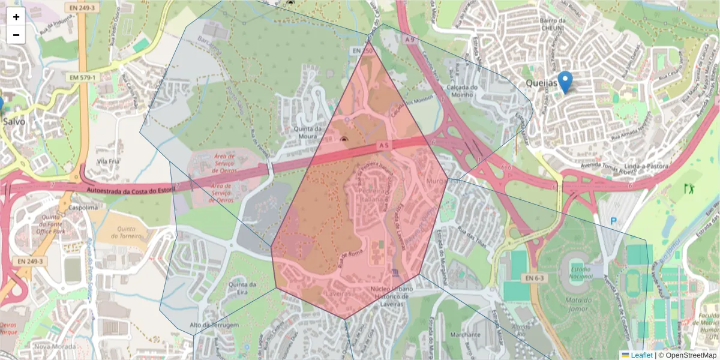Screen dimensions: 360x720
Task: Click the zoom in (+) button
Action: tap(16, 17)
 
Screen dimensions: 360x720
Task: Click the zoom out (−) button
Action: tap(16, 35)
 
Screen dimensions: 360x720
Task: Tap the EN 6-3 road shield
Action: tap(533, 278)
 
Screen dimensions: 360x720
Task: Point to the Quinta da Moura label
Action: tap(308, 133)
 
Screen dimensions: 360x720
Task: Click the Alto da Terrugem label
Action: tap(214, 325)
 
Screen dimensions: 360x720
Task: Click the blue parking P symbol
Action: tap(613, 221)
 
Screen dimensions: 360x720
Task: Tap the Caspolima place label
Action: tap(83, 208)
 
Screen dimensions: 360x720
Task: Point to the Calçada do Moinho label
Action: tap(461, 91)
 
